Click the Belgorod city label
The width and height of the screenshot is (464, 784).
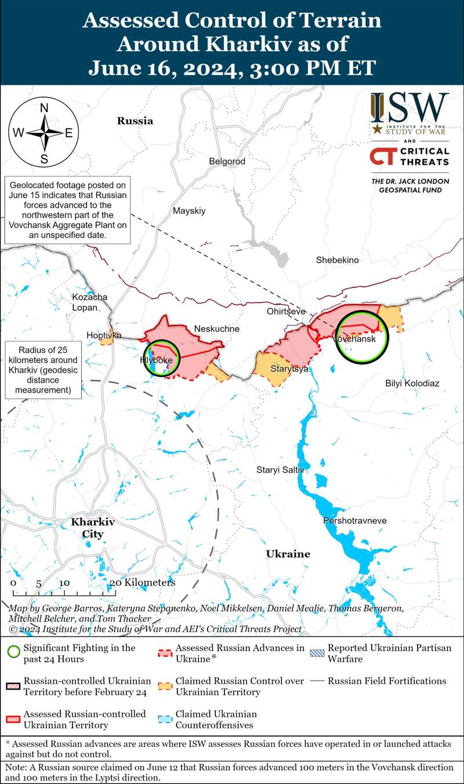(x=227, y=161)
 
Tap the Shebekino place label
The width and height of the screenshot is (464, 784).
(x=337, y=260)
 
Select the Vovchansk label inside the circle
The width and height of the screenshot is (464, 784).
(x=354, y=339)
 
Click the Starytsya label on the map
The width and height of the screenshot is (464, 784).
(x=289, y=369)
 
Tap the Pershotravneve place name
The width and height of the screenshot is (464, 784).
(x=354, y=521)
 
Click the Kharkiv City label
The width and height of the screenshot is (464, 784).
(x=93, y=528)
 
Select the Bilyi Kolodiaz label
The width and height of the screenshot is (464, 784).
(x=412, y=384)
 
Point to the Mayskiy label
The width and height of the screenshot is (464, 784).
(x=189, y=211)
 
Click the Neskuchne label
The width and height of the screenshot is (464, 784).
(x=216, y=329)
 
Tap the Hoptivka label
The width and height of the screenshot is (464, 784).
(x=104, y=336)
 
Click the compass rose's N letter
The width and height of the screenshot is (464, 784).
(x=44, y=108)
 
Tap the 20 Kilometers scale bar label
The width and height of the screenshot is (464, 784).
(x=142, y=582)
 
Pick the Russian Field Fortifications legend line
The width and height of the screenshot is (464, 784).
(x=317, y=681)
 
